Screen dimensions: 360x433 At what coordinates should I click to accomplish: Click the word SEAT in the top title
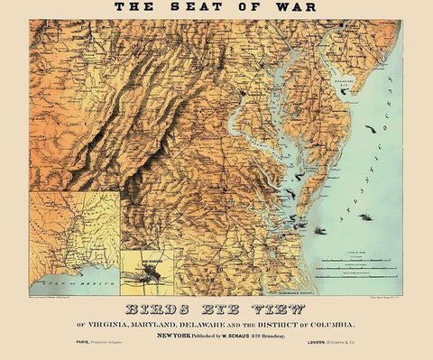coord(189,8)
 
